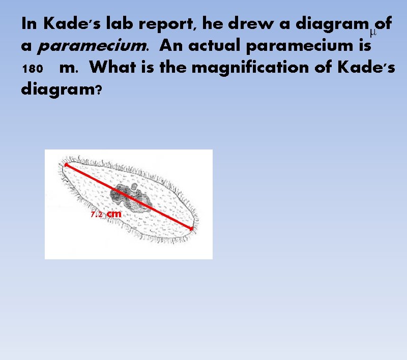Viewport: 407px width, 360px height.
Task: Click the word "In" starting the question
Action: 30,23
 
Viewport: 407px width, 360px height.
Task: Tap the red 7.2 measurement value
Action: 97,215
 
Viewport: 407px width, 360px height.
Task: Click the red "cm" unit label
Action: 114,214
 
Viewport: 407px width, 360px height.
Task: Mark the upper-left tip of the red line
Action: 65,164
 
